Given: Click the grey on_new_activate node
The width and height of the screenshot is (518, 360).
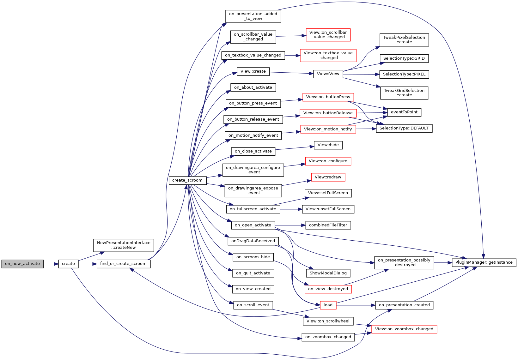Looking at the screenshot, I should point(22,264).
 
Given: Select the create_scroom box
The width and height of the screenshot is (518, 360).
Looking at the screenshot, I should point(187,180).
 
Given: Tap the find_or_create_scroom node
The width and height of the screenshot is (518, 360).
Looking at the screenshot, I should point(123,264).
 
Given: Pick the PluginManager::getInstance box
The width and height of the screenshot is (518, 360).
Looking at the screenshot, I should point(484,262).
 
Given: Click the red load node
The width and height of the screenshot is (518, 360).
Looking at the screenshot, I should point(328,305).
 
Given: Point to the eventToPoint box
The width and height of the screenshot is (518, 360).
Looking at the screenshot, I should point(404,112).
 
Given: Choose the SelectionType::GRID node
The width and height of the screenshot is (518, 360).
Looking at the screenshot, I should point(404,58).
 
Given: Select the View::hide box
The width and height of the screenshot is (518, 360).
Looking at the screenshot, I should point(328,145).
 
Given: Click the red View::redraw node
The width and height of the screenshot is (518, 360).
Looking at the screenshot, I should point(328,177).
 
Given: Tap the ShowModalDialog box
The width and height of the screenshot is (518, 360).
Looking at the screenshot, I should point(328,273).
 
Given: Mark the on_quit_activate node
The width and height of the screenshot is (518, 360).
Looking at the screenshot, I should point(253,273).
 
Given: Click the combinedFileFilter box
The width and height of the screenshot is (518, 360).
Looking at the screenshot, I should point(328,225).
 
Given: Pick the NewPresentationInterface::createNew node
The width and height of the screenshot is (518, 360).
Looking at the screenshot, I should point(124,245).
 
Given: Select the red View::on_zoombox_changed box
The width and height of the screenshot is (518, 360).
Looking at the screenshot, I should point(404,329).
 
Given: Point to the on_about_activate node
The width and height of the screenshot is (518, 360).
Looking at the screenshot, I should point(253,87).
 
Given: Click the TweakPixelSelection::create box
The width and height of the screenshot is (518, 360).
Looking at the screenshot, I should point(404,40).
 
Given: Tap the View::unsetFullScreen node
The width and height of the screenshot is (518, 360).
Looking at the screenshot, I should point(328,209).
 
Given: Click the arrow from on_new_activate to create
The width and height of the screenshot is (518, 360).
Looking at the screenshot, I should point(51,264).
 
